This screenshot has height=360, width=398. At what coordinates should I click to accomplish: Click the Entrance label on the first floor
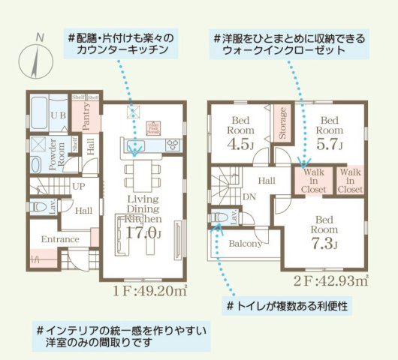pyautogui.click(x=60, y=239)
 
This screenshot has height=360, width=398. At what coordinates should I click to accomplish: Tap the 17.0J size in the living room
pyautogui.click(x=142, y=232)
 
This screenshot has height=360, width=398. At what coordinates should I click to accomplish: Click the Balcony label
pyautogui.click(x=245, y=243)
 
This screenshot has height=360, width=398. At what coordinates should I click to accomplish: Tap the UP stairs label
pyautogui.click(x=77, y=186)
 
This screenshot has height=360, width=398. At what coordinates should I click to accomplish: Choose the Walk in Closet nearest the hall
pyautogui.click(x=314, y=181)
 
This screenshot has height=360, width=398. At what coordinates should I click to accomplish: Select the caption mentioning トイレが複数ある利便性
pyautogui.click(x=289, y=307)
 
